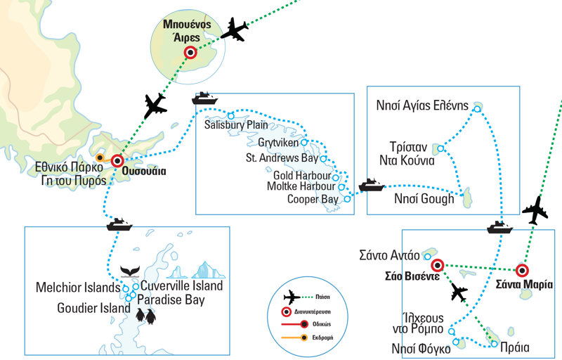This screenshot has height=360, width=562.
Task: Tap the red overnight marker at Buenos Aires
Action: click(x=190, y=52)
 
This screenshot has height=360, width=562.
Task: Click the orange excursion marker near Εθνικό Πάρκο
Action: click(x=100, y=157)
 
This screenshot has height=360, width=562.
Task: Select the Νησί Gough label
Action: click(x=420, y=200)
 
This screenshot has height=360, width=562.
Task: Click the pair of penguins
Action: click(x=146, y=316)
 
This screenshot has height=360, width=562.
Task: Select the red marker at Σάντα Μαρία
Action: click(x=522, y=270)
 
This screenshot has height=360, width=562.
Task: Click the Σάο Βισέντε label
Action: click(x=412, y=276)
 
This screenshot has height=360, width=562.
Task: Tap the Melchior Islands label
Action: click(x=78, y=288)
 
